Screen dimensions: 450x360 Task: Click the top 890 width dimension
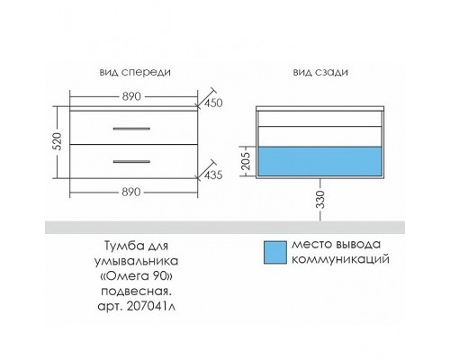pos(131,96)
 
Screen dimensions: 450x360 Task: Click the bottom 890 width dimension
pos(131,192)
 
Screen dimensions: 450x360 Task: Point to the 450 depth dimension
pos(213,103)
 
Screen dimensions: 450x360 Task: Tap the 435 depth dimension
pos(213,175)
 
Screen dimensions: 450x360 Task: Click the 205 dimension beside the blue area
pos(246,161)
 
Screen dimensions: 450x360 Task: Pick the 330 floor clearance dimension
pos(320,199)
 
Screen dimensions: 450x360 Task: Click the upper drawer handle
pos(131,129)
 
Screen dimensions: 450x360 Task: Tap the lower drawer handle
pos(131,162)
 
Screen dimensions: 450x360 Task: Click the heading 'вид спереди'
pos(135,72)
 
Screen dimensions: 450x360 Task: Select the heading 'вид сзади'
pos(320,72)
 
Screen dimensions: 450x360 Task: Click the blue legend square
pos(275,253)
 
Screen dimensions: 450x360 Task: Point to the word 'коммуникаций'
pos(340,259)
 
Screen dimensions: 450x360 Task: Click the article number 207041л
pos(151,306)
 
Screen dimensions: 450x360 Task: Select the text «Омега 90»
pos(136,276)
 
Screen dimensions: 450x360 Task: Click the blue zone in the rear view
pos(319,161)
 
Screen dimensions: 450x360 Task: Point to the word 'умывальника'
pos(136,261)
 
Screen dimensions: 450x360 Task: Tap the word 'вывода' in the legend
pos(358,245)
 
